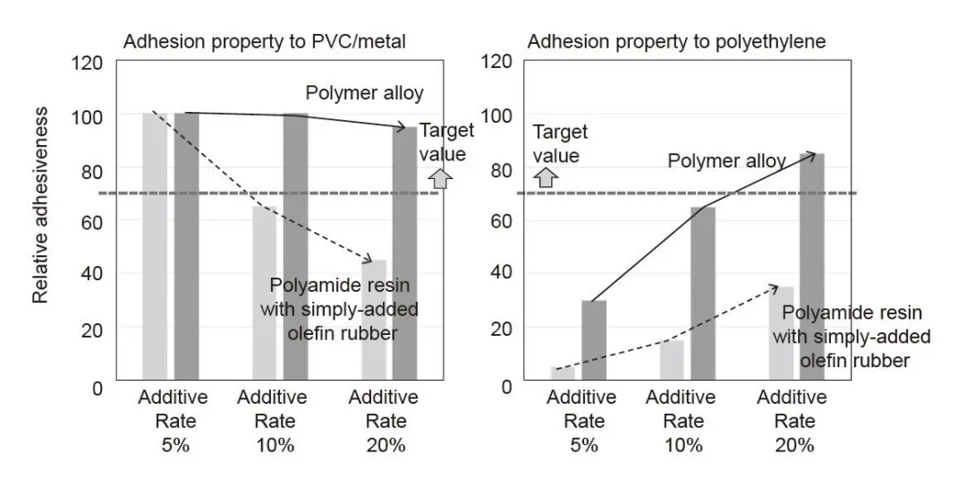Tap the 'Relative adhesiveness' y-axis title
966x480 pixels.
pyautogui.click(x=40, y=205)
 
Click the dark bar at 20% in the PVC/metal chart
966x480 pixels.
pyautogui.click(x=405, y=255)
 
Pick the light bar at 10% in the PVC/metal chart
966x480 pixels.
pyautogui.click(x=265, y=295)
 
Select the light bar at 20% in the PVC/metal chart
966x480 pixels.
pyautogui.click(x=375, y=322)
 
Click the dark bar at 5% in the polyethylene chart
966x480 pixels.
pyautogui.click(x=594, y=342)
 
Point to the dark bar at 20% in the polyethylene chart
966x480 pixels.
pyautogui.click(x=811, y=269)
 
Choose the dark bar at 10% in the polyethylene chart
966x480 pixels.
pyautogui.click(x=703, y=296)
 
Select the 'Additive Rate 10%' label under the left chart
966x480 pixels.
pyautogui.click(x=274, y=420)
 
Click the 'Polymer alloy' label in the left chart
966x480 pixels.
pyautogui.click(x=364, y=93)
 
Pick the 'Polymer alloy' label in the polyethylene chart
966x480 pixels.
pyautogui.click(x=726, y=161)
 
